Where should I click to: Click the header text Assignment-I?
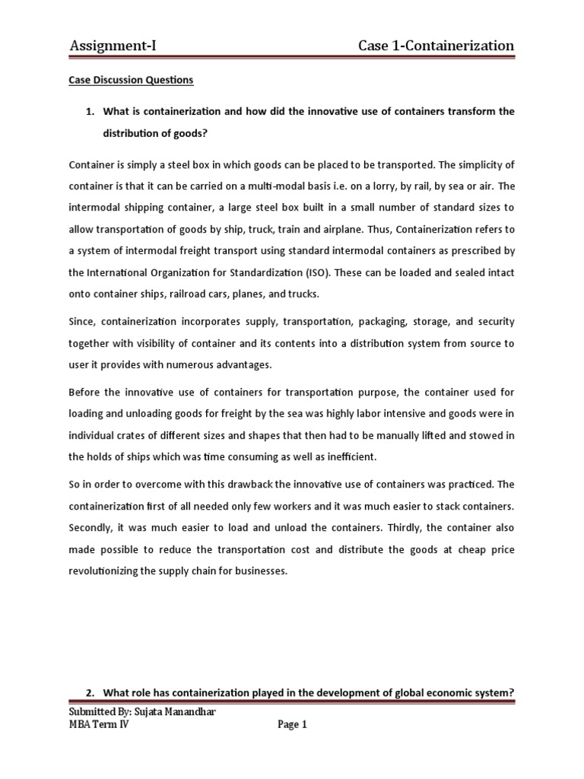coord(113,46)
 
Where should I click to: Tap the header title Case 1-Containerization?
coord(436,46)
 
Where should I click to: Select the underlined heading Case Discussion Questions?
coord(131,80)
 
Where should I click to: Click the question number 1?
coord(89,112)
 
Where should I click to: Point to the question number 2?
coord(89,692)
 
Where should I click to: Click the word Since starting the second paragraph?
coord(81,323)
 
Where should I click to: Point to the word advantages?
coord(242,365)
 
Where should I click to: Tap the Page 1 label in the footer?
coord(292,726)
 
